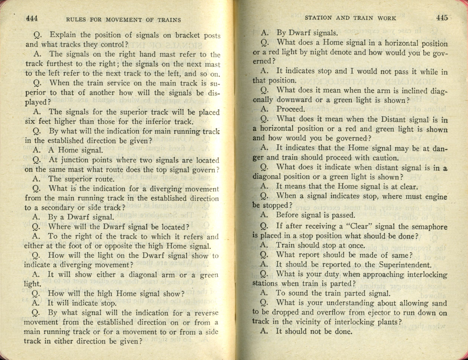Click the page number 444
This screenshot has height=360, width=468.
pos(32,19)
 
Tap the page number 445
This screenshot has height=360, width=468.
pos(442,17)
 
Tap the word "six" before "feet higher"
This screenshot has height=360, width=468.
pos(30,121)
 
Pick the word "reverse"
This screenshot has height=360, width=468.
pos(204,313)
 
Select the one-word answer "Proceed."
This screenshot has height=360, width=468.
pos(290,109)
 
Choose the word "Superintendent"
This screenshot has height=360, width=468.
pos(405,265)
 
